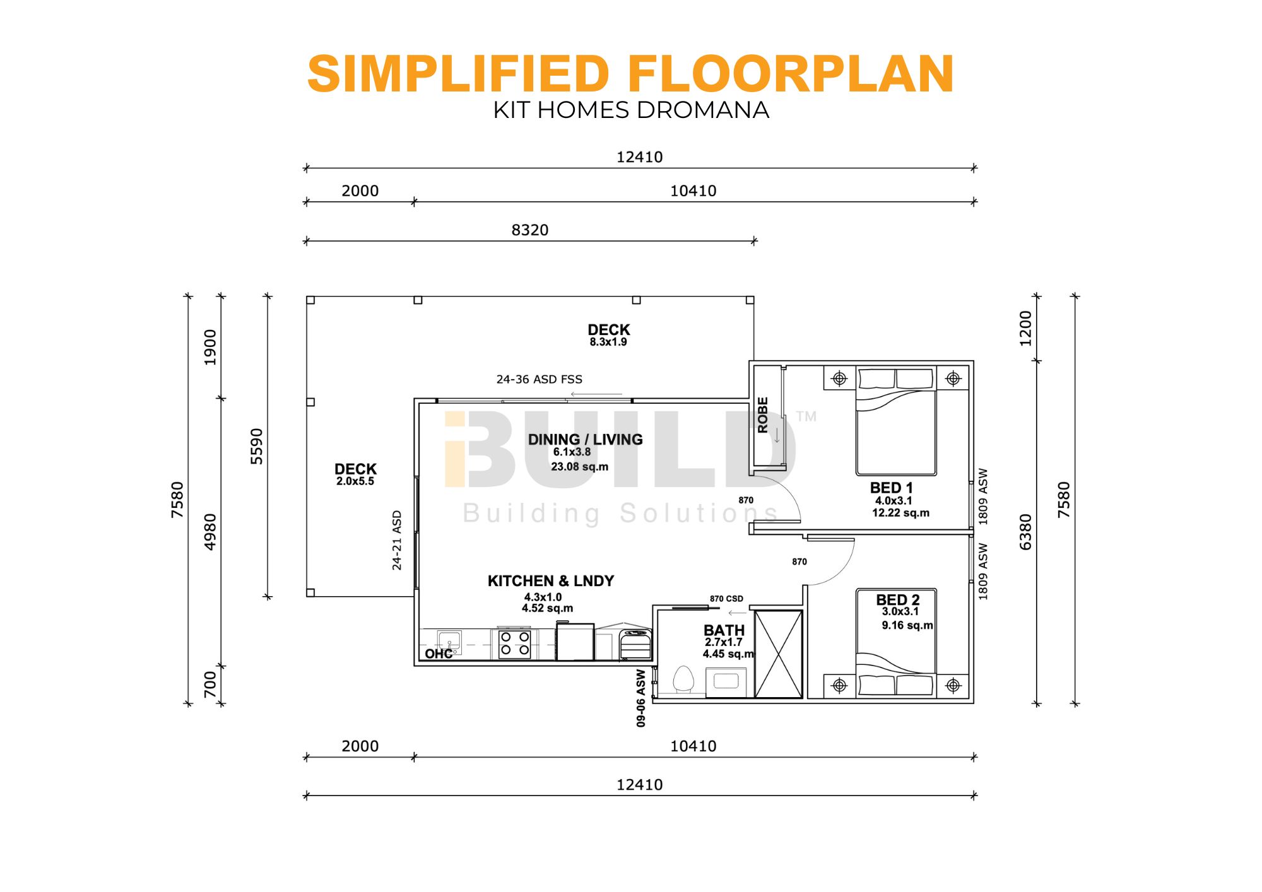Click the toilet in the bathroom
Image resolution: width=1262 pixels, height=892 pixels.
coord(683,680)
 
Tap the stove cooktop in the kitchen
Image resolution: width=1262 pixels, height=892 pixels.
coord(514,643)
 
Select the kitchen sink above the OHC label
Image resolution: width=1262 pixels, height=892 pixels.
coord(449,641)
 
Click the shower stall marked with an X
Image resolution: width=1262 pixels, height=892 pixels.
coord(779,654)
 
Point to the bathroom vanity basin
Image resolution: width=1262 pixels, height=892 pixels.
coord(726,681)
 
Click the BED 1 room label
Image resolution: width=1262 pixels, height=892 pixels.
coord(891,488)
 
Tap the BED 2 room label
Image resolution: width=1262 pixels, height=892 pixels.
coord(897,600)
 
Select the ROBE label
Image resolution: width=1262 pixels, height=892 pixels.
coord(763,415)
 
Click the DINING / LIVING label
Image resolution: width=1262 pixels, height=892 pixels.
coord(585,440)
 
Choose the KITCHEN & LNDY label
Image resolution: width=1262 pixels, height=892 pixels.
coord(551,581)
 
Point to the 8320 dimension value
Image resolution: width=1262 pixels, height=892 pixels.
coord(530,230)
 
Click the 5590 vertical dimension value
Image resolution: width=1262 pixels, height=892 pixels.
coord(257,446)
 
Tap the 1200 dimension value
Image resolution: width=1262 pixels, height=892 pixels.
coord(1026,329)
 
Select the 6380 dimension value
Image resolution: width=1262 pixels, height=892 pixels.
coord(1026,532)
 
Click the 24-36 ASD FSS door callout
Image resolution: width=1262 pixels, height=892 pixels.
coord(540,379)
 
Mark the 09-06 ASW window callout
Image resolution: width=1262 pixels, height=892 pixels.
coord(641,698)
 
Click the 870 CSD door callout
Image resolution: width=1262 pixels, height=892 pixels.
coord(726,599)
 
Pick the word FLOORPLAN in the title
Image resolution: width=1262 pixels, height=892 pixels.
coord(791,74)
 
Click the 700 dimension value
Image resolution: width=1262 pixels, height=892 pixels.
coord(210,684)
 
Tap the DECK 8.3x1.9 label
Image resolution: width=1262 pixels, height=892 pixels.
coord(608,335)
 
